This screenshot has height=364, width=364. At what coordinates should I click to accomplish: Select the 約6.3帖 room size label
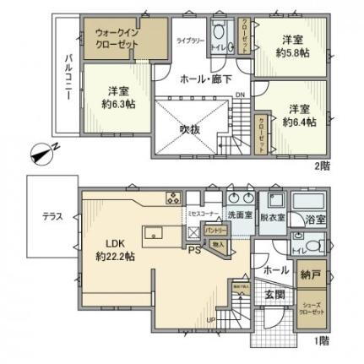(x=119, y=100)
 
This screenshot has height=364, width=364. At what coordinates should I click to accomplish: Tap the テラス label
(x=52, y=216)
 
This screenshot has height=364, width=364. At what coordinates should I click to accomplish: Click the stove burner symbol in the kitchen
(x=173, y=199)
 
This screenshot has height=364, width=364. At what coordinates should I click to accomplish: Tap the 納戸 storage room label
(x=311, y=276)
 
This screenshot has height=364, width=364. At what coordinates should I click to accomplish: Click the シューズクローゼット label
(x=312, y=308)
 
